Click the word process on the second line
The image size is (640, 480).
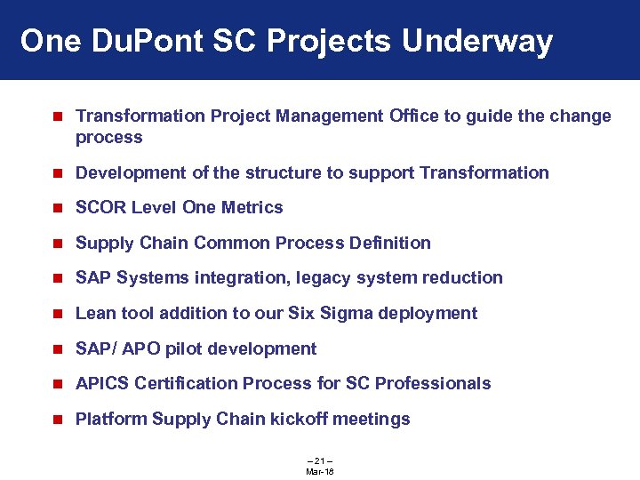pos(109,137)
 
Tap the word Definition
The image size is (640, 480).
pos(388,243)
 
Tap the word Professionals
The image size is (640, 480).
pos(433,383)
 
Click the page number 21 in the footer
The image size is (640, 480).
pos(319,460)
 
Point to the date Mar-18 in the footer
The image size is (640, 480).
pos(319,470)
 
